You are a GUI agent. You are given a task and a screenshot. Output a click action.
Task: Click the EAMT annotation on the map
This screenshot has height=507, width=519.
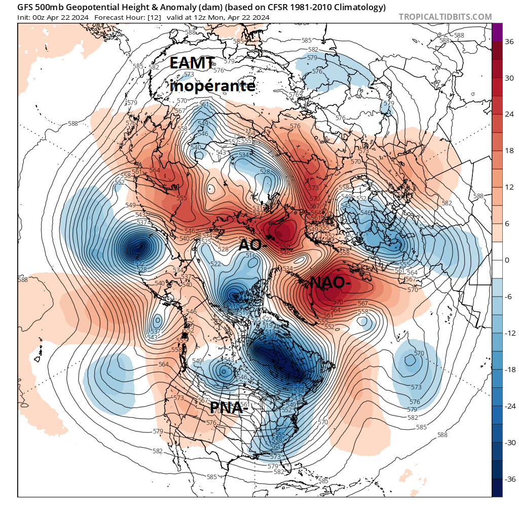192,63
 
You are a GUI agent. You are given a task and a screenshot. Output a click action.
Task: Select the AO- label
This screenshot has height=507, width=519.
253,245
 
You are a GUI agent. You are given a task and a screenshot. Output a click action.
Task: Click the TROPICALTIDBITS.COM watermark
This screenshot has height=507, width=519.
445,17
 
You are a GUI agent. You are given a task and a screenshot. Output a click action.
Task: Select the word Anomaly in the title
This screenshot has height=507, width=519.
172,7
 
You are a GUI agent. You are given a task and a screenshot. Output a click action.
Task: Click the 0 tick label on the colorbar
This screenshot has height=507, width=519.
508,260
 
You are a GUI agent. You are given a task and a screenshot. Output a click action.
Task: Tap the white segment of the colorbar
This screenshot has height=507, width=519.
497,260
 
